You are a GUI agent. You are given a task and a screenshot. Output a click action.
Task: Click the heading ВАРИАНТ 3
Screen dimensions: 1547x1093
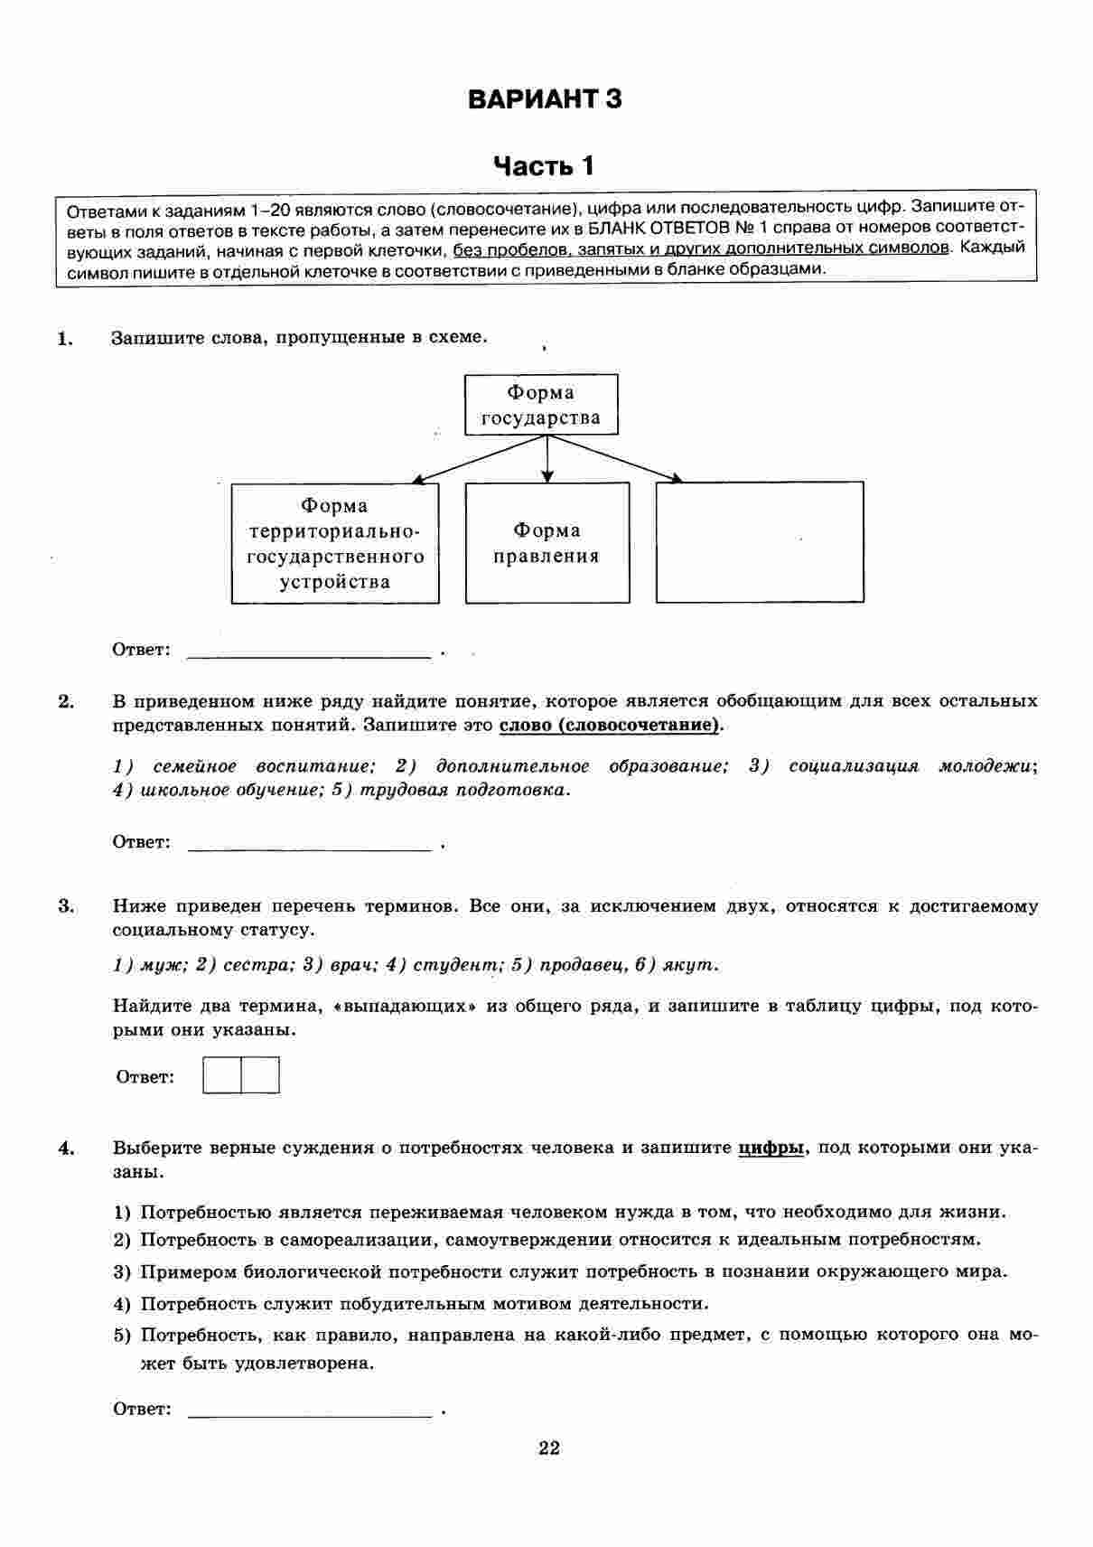[545, 98]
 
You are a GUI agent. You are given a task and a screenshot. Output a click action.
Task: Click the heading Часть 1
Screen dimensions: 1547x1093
[545, 166]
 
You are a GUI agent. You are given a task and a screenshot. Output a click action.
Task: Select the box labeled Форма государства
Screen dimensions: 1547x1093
[541, 405]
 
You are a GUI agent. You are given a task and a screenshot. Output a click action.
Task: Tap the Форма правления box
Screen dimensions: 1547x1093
[546, 543]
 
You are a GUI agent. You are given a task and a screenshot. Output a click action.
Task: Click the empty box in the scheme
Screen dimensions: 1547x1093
[760, 542]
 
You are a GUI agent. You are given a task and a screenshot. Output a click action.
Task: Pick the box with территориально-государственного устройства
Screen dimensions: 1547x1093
[335, 543]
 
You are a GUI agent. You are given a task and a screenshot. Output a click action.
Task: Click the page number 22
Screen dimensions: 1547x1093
[549, 1449]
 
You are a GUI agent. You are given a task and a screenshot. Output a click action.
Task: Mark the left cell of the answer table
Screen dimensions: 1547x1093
[222, 1075]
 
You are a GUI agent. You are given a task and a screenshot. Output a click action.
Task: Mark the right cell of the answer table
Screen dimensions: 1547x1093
[260, 1075]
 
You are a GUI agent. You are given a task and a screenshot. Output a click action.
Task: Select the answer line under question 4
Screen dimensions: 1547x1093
[308, 1411]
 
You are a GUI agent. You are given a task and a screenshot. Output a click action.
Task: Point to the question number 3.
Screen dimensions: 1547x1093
[65, 906]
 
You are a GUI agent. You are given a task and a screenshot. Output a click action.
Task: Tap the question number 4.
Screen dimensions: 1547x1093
[65, 1149]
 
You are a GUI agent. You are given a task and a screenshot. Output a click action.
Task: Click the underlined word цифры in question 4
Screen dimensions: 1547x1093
[771, 1149]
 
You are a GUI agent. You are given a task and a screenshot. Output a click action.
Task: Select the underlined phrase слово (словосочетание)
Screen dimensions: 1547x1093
[611, 725]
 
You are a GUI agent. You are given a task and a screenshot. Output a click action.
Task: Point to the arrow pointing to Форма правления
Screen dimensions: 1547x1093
[546, 459]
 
